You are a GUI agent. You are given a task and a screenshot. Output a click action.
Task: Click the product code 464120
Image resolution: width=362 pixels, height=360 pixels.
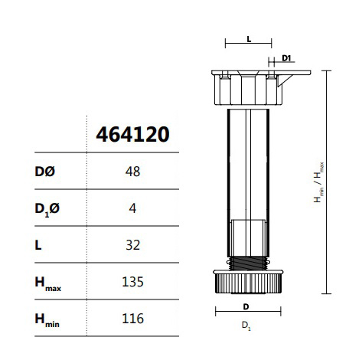pos(132,134)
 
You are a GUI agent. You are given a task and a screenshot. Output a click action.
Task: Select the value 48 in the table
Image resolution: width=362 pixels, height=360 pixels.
pos(132,172)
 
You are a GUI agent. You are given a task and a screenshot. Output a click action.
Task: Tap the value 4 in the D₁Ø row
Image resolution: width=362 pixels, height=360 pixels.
pos(132,208)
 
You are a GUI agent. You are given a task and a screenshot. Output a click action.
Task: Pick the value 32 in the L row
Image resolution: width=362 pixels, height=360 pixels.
pos(133,245)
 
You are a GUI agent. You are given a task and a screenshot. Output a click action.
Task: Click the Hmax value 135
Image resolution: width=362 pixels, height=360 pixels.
pos(132,282)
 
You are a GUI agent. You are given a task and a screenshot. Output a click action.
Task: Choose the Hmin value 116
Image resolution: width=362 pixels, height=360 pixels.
pos(132,319)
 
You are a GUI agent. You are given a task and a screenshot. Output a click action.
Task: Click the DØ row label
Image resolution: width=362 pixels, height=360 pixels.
pos(44,172)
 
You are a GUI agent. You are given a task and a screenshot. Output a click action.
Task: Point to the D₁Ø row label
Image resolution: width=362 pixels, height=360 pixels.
pos(47,209)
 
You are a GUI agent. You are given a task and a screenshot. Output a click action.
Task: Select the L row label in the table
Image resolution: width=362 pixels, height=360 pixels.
pos(38,245)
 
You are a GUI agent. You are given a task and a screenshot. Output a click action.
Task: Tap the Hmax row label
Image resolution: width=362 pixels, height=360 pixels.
pos(48,283)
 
